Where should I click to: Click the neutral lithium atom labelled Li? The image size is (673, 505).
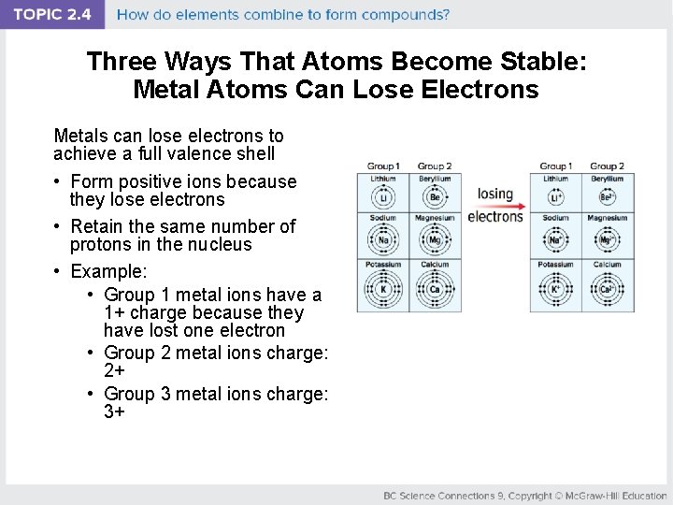coord(383,197)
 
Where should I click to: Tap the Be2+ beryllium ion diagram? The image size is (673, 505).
coord(607,197)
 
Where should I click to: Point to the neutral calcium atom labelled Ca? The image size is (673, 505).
coord(435,290)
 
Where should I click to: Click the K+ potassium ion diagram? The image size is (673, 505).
coord(555,290)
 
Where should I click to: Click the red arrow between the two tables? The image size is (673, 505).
coord(495,206)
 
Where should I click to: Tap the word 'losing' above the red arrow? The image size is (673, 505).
coord(495,194)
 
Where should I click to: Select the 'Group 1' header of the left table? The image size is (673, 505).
coord(383,166)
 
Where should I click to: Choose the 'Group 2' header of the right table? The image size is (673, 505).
coord(607,166)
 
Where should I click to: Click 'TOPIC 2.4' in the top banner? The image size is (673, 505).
coord(52,15)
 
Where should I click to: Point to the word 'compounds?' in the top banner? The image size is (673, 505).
coord(409,15)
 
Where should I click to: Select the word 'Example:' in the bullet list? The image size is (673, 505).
coord(109,271)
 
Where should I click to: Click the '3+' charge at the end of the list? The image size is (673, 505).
coord(115,411)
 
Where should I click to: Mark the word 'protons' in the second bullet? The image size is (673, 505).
coord(101,244)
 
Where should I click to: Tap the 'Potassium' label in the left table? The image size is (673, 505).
coord(383,265)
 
